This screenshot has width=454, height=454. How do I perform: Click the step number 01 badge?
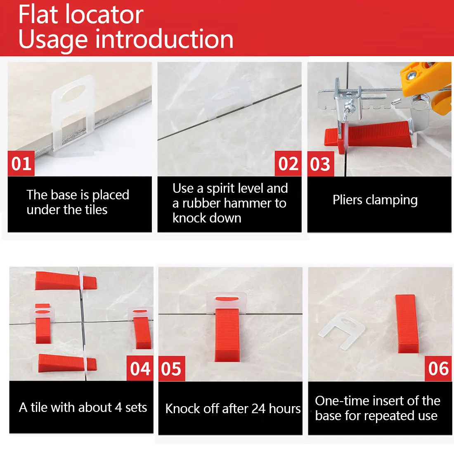click(x=21, y=163)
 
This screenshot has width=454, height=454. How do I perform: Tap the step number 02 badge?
click(x=288, y=163)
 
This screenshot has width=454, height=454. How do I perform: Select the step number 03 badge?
click(x=320, y=164)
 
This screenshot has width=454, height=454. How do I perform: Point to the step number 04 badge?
click(x=140, y=369)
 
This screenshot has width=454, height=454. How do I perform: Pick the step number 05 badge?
click(x=171, y=369)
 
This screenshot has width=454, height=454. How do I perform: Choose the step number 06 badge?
click(x=438, y=369)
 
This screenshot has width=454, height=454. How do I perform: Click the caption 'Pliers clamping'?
click(x=375, y=200)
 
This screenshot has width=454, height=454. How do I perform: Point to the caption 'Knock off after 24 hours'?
click(x=233, y=409)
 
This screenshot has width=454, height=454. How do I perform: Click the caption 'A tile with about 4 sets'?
click(x=83, y=407)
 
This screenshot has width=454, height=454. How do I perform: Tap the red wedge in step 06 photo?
click(x=407, y=324)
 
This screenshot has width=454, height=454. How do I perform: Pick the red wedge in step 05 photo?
click(x=227, y=334)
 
